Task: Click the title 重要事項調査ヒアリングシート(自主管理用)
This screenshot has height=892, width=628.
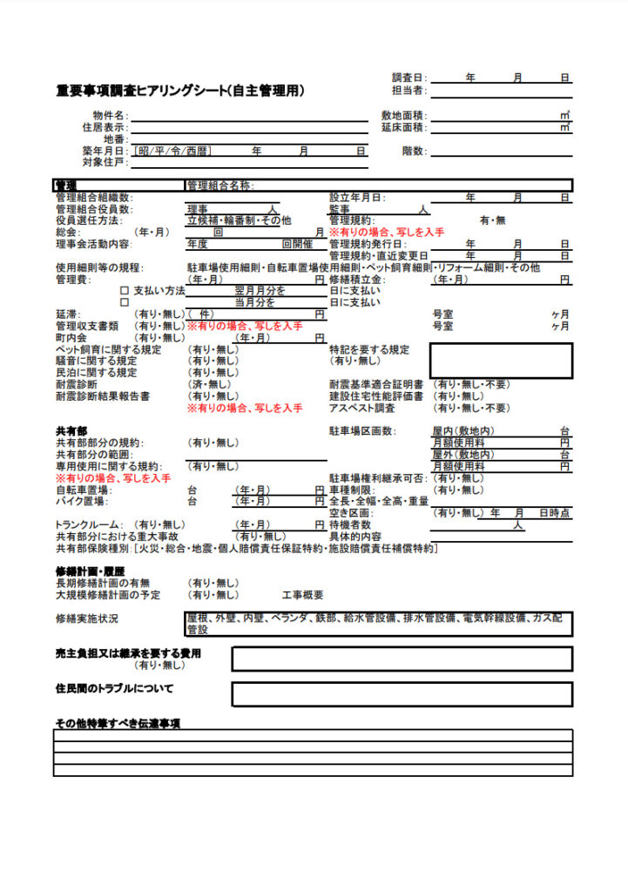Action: point(180,90)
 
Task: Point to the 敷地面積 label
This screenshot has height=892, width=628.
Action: point(402,116)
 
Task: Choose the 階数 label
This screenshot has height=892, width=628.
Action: point(413,151)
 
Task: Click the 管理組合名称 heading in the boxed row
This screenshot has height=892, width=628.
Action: point(219,186)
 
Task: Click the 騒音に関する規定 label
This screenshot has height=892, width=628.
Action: point(96,361)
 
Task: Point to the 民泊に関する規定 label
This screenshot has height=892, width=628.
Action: point(96,373)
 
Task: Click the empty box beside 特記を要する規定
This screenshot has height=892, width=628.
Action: point(501,360)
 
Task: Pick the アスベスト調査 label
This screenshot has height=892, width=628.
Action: point(362,408)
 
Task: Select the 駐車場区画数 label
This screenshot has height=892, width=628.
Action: point(361,431)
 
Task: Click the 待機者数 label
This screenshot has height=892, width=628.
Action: point(349,525)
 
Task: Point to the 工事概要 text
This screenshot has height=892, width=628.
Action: point(302,595)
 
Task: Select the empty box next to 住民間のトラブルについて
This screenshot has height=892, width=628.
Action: point(402,693)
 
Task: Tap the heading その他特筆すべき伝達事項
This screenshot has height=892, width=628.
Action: point(124,723)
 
